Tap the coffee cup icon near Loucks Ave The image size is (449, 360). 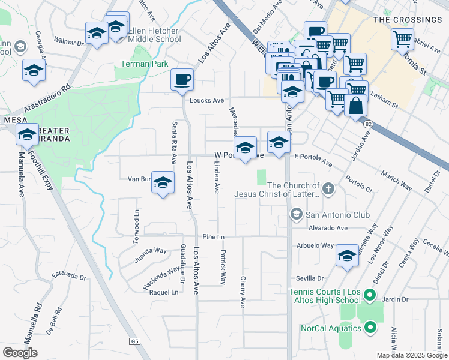click(x=182, y=79)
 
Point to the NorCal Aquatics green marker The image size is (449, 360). click(x=370, y=328)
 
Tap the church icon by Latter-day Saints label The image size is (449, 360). click(x=327, y=190)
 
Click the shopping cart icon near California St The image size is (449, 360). click(x=402, y=40)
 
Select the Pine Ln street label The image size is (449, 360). click(x=213, y=237)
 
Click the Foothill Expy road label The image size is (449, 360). click(x=49, y=167)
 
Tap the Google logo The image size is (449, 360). click(x=20, y=353)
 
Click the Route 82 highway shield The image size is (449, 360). click(x=368, y=124)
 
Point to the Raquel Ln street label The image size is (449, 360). click(x=167, y=293)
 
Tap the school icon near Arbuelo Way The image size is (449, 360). click(x=347, y=256)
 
